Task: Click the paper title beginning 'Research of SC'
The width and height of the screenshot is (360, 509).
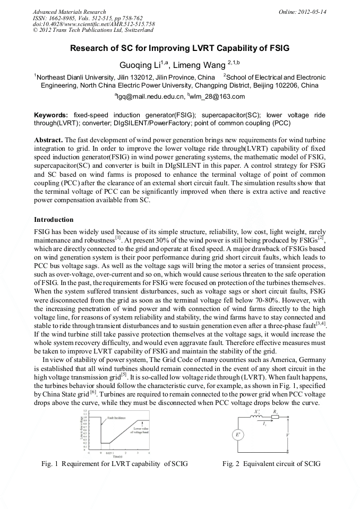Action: (x=179, y=48)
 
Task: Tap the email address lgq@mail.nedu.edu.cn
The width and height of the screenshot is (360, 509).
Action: (x=149, y=96)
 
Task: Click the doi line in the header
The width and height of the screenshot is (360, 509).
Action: (x=93, y=24)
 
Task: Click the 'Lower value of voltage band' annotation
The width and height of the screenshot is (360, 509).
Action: (x=141, y=430)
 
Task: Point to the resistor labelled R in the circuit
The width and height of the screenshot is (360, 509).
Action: (x=275, y=417)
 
